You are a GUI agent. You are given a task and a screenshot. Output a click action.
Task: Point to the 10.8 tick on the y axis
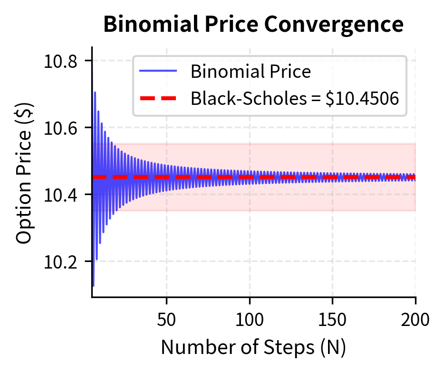point(61,61)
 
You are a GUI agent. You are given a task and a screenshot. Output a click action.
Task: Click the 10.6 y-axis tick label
point(61,128)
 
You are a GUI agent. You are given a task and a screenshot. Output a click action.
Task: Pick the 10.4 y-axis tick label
point(61,195)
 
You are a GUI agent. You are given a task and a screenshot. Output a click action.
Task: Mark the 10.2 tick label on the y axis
point(61,262)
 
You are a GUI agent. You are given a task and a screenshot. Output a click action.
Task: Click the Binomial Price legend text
point(251,72)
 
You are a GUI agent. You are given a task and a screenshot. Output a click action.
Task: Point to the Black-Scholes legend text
point(248,99)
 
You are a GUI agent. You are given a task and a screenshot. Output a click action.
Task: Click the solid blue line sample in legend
point(158,72)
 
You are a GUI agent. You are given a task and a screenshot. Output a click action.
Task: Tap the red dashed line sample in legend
point(158,99)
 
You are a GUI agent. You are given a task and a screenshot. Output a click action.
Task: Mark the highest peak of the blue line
point(95,93)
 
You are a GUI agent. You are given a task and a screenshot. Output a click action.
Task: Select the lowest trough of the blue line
point(93,286)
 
